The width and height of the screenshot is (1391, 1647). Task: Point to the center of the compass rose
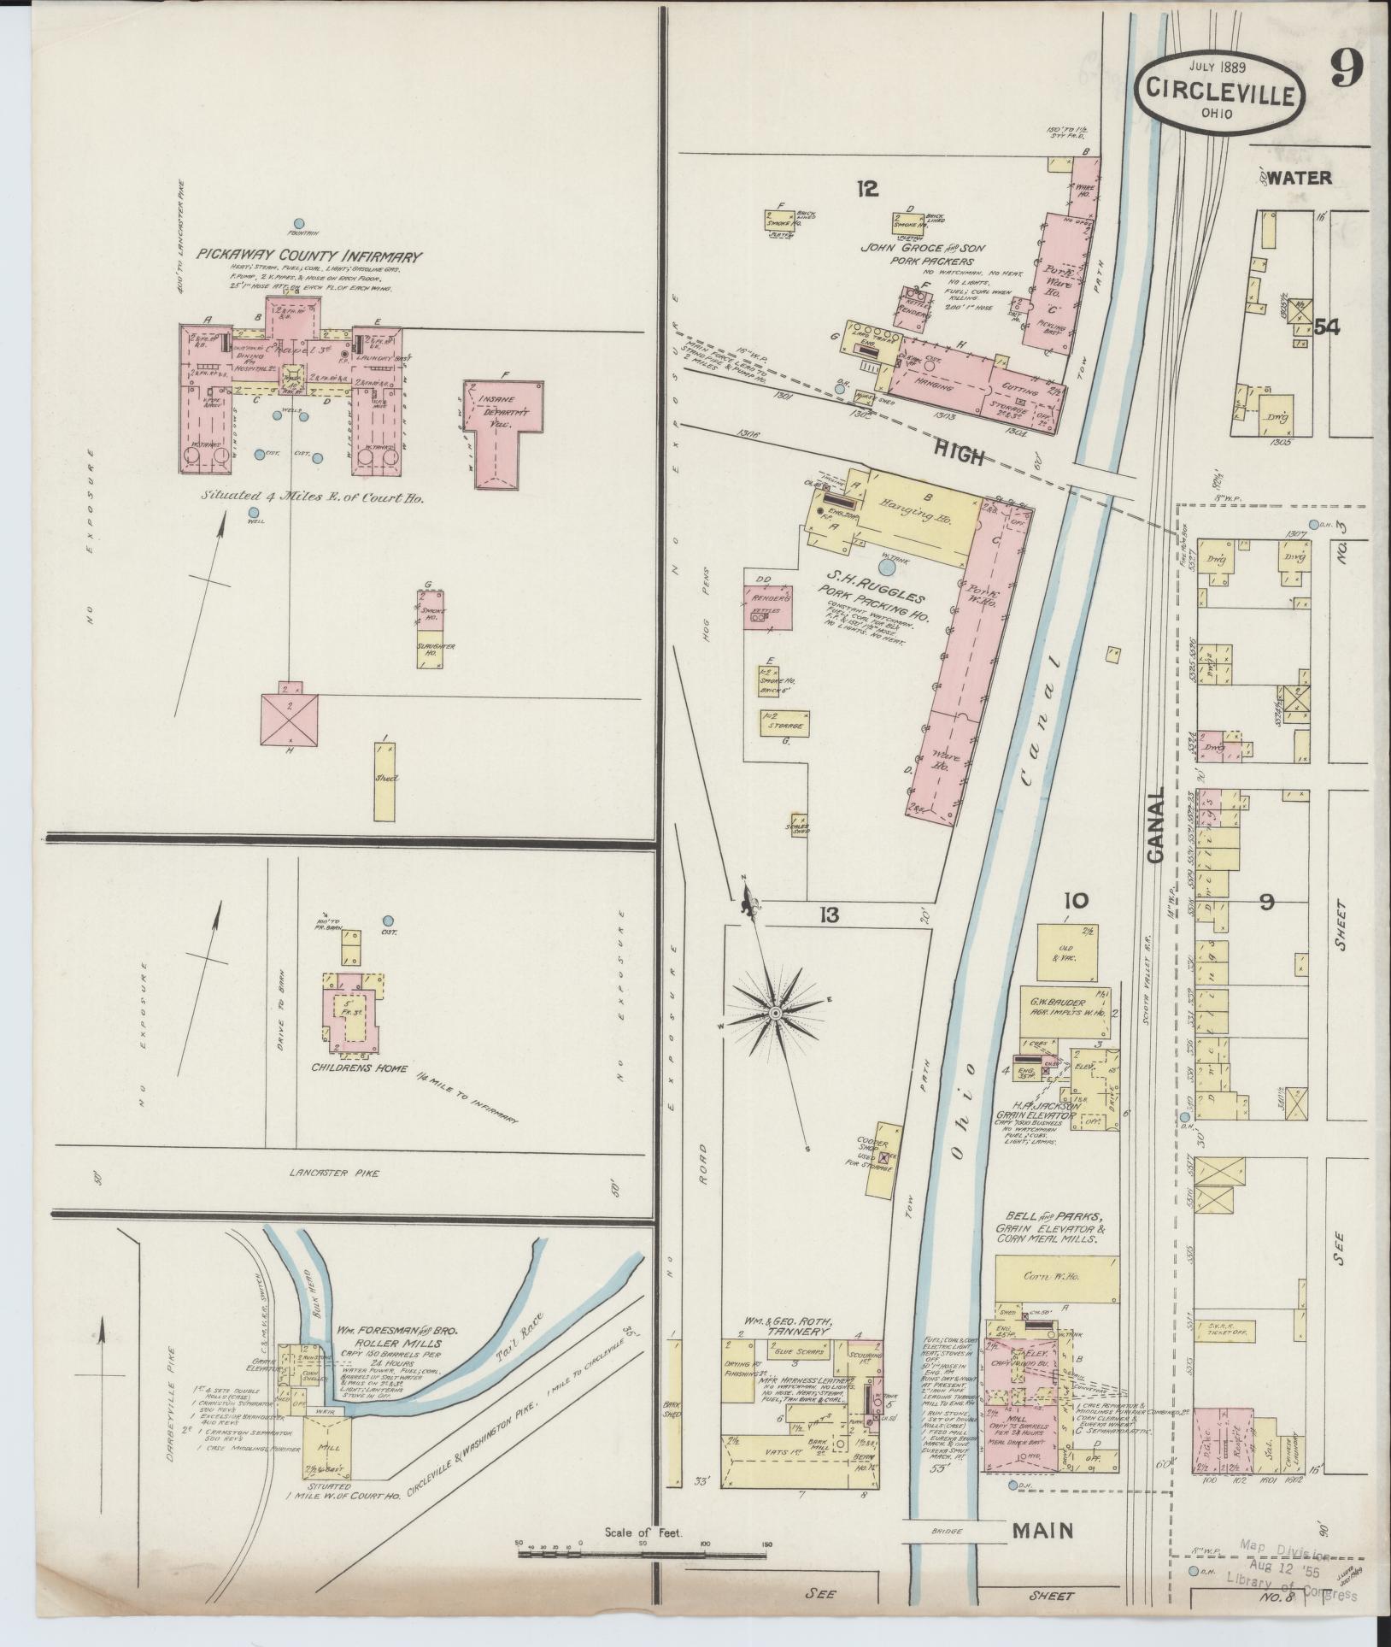(775, 1014)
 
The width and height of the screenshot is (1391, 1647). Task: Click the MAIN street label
(1044, 1529)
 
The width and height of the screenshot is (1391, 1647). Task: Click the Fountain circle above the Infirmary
(299, 222)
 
